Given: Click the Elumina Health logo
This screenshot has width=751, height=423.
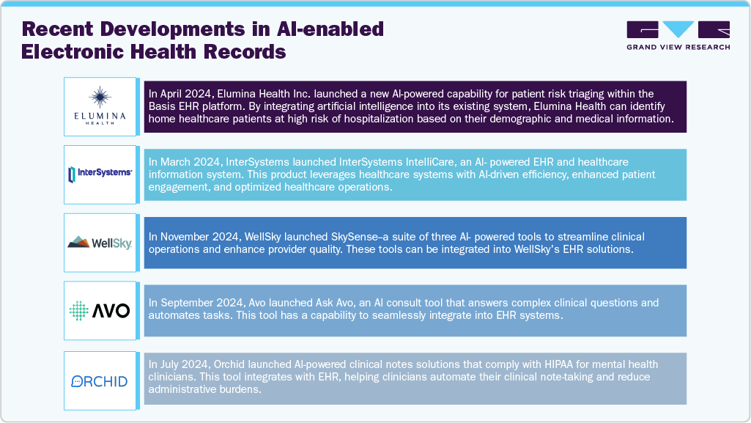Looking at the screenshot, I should tap(100, 106).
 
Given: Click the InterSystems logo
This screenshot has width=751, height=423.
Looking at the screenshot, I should tap(100, 174).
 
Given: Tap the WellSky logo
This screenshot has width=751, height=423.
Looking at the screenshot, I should tap(100, 242).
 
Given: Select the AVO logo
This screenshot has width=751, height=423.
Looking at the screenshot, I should tap(100, 310).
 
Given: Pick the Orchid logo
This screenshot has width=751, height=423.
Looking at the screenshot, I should tap(100, 380).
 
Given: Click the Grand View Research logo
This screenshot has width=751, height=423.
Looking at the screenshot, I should tap(678, 35).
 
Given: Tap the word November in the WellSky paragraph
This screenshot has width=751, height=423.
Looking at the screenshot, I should tap(184, 237).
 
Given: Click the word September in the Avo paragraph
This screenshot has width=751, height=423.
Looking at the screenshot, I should tap(186, 303).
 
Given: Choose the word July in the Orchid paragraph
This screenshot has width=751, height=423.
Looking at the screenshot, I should tap(170, 364).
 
